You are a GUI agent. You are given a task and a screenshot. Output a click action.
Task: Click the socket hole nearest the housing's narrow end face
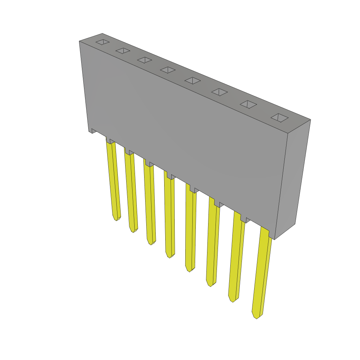(x=279, y=118)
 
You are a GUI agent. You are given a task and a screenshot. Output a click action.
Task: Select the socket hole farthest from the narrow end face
(x=102, y=42)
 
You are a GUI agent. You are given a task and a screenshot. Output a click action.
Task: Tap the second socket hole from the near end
(x=248, y=104)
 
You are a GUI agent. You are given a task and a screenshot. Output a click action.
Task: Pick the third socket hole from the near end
(x=219, y=92)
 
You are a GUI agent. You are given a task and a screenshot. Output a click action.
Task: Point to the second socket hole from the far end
(x=123, y=51)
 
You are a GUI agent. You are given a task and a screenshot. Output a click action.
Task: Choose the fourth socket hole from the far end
(x=168, y=70)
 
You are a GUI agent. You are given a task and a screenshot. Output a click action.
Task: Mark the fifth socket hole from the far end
(x=192, y=81)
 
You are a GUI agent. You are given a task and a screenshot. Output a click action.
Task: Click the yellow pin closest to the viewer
(x=262, y=271)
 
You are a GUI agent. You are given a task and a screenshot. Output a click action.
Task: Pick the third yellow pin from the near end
(x=212, y=243)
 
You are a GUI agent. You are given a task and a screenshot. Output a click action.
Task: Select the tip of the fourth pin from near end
(x=189, y=269)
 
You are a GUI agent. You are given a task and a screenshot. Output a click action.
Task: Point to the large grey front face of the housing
(x=183, y=134)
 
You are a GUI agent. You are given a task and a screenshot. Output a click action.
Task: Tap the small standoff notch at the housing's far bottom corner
(x=94, y=131)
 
